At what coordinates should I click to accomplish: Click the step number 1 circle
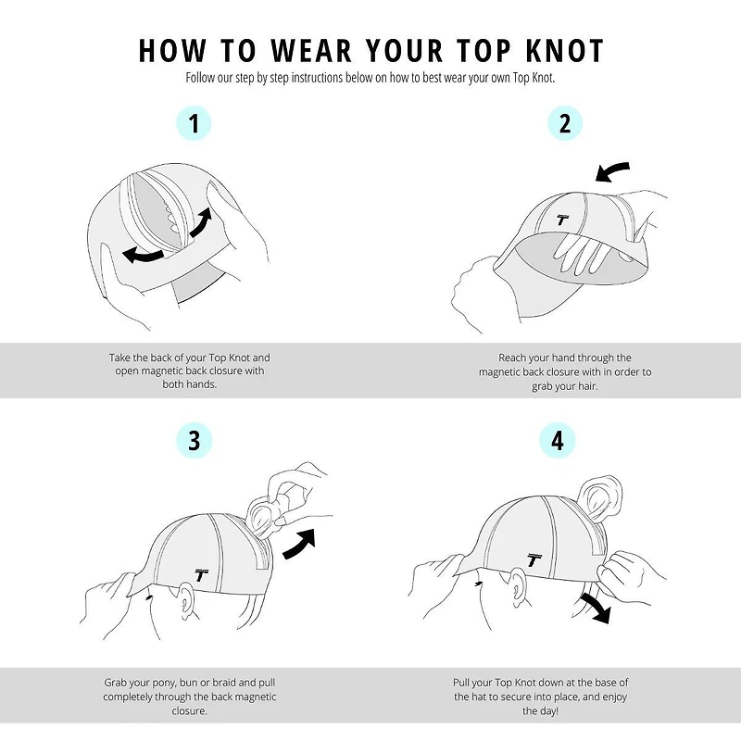click(x=194, y=123)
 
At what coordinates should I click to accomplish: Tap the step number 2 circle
click(x=565, y=123)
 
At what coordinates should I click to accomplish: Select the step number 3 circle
click(x=194, y=441)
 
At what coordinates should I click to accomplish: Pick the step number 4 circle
click(x=558, y=441)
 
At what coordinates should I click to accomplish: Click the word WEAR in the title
click(x=312, y=50)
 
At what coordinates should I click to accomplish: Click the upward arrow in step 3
click(x=299, y=544)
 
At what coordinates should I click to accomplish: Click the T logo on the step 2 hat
click(x=562, y=220)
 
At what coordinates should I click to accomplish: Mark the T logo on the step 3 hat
click(x=201, y=575)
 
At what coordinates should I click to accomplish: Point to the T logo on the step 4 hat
click(x=534, y=559)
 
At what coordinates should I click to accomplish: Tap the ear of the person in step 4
click(x=519, y=587)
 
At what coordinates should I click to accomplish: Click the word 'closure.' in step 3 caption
click(x=189, y=710)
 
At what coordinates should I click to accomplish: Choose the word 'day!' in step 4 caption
click(x=546, y=710)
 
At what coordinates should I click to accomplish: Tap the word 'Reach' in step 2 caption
click(x=512, y=358)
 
